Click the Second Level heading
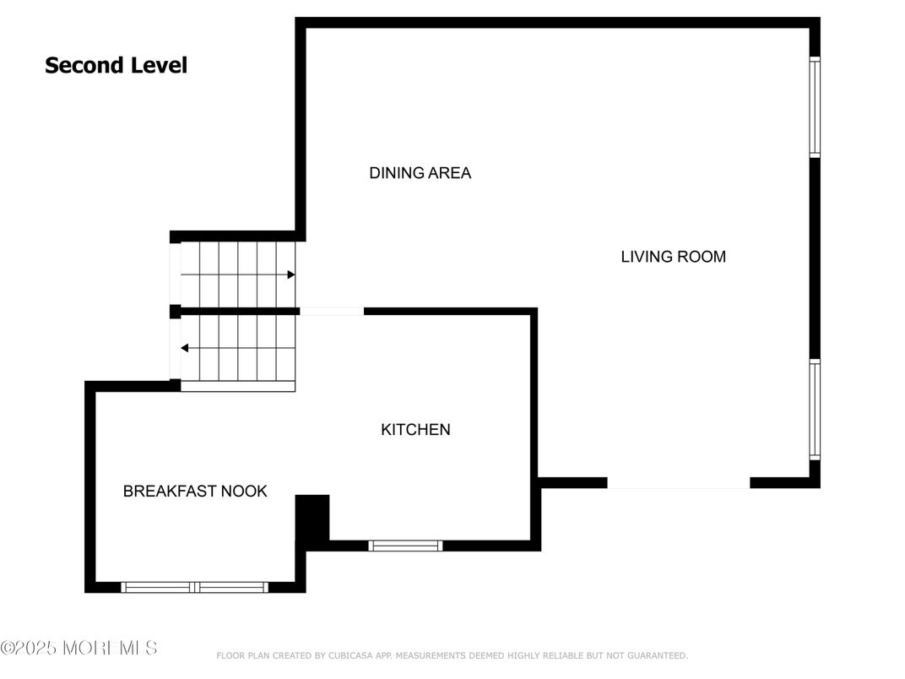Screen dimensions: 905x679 [116, 65]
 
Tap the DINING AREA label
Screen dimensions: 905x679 [420, 172]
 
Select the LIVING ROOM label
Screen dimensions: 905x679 [674, 257]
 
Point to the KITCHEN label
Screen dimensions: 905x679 [415, 430]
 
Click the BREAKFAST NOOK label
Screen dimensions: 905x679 [195, 491]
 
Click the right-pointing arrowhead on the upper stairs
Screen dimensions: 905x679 [291, 274]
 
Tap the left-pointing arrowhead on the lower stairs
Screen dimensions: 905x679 [185, 348]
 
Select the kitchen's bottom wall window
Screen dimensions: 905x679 [406, 546]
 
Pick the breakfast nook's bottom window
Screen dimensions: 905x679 [194, 587]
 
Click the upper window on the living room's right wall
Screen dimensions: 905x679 [815, 106]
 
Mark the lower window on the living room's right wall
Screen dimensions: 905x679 [815, 410]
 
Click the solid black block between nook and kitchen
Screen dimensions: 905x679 [312, 518]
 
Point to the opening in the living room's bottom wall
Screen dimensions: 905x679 [678, 483]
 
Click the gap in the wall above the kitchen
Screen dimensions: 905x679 [332, 312]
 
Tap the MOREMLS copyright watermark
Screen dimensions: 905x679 [79, 648]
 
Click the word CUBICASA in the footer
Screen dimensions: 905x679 [350, 656]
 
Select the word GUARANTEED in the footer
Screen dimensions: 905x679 [658, 656]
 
